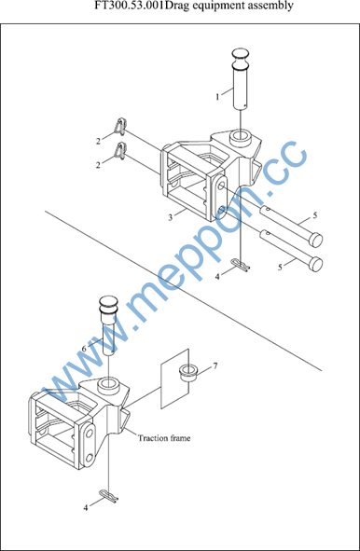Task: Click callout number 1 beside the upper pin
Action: coord(217,97)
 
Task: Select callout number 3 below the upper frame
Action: coord(171,217)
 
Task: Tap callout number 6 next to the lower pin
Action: coord(84,349)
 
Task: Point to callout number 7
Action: coord(215,366)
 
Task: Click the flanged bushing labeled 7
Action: coord(188,373)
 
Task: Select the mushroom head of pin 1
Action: coord(241,59)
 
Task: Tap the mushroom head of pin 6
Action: coord(108,305)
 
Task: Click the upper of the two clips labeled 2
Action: coord(120,126)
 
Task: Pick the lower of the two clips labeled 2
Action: coord(120,150)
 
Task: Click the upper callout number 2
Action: coord(99,142)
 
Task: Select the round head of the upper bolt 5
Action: coord(316,240)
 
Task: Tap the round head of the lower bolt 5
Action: coord(316,264)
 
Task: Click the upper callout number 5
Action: coord(315,215)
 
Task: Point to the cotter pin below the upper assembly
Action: coord(242,265)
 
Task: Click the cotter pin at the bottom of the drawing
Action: coord(109,496)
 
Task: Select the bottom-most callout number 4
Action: coord(86,508)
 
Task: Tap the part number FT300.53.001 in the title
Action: coord(130,6)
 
